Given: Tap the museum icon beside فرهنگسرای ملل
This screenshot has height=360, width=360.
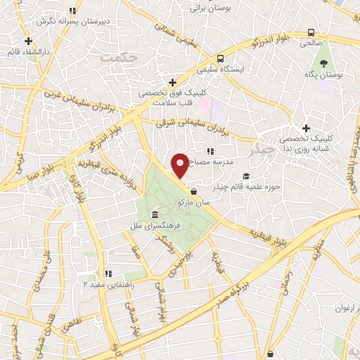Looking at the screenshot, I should (x=154, y=214).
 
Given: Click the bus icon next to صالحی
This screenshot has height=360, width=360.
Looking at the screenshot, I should (x=311, y=32).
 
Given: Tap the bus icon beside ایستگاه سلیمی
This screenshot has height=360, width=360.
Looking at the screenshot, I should (x=221, y=58).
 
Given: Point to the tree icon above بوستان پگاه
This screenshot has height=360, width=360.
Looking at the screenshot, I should (x=323, y=63).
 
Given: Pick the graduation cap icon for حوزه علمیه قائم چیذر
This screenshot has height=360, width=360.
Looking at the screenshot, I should (x=245, y=176).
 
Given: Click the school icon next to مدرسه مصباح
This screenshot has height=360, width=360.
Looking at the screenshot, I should (x=210, y=150).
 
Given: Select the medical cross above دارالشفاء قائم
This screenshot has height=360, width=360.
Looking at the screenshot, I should (x=28, y=41).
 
